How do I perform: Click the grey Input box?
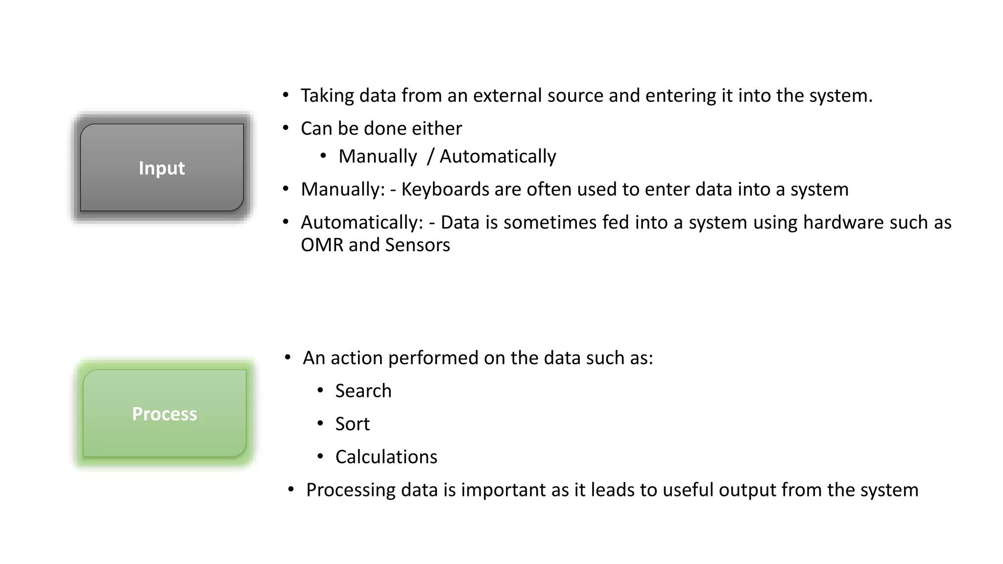(162, 167)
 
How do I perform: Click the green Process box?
(165, 414)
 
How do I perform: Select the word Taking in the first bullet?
(327, 96)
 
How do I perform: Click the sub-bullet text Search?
(363, 391)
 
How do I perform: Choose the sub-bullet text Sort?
(352, 424)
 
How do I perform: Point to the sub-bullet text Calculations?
(386, 457)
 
